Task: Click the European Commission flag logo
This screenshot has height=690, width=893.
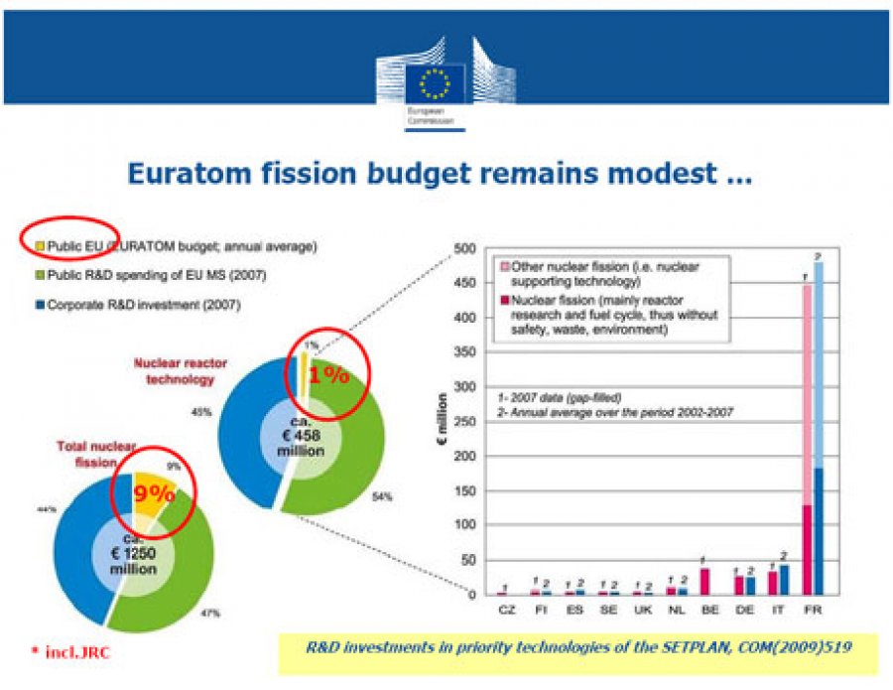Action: (445, 82)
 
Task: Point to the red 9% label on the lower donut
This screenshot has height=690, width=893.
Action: (147, 492)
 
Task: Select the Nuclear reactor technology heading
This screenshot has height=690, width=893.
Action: (176, 371)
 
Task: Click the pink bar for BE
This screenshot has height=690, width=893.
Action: (703, 581)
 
